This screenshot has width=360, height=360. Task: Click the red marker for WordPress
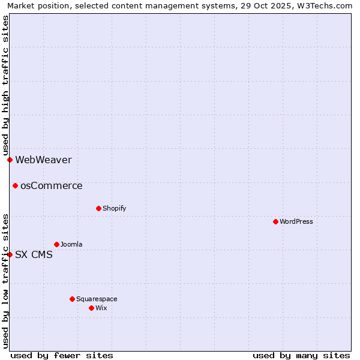275,221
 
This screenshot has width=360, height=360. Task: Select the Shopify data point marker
98,208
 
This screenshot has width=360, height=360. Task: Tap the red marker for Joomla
56,244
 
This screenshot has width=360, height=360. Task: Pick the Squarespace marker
72,299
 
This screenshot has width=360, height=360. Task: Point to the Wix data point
91,308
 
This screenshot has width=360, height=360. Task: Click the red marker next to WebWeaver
10,160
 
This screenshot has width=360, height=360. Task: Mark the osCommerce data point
15,185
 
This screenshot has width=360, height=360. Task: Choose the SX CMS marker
10,254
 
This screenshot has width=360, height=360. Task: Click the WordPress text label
296,221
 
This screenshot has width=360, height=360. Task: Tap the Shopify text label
114,208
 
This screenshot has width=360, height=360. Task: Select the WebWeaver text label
43,160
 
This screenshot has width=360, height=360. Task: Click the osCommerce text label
51,185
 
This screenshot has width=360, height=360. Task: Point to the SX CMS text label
34,254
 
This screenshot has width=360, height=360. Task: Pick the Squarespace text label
97,299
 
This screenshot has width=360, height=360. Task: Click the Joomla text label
71,244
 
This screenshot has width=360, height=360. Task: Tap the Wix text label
101,308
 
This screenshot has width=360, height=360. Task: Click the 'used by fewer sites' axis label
62,355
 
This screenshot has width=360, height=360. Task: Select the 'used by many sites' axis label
301,355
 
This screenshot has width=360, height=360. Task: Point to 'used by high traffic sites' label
5,86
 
